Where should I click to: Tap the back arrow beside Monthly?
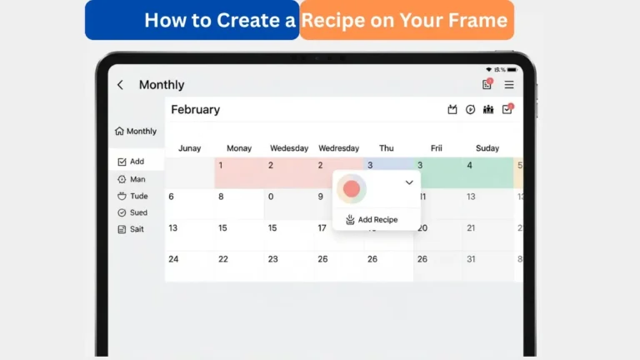(x=120, y=85)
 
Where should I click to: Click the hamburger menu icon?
(x=509, y=85)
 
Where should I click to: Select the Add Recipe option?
(x=372, y=220)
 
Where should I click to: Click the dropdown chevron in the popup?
(x=409, y=182)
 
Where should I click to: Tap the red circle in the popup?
(x=352, y=189)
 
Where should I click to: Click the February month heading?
(x=195, y=110)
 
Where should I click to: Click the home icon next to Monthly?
(x=119, y=131)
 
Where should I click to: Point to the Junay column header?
(x=189, y=148)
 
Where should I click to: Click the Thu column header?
(x=387, y=148)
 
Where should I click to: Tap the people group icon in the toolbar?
(x=488, y=109)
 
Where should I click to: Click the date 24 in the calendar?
(x=173, y=259)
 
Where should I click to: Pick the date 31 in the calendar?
(x=471, y=259)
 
